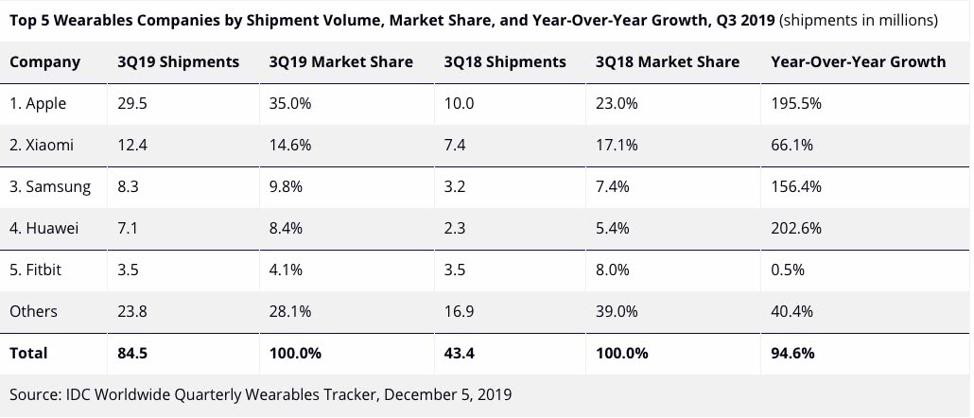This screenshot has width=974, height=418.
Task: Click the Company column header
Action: click(x=44, y=62)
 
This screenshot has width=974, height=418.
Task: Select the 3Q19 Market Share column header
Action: click(x=340, y=62)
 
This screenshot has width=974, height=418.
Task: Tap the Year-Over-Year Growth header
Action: click(x=858, y=62)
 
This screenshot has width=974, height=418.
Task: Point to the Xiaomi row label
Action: click(x=42, y=146)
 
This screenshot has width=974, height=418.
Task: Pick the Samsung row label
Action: click(x=50, y=187)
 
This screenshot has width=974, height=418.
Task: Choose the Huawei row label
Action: click(x=44, y=229)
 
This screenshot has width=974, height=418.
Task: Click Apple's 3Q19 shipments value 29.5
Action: click(x=131, y=104)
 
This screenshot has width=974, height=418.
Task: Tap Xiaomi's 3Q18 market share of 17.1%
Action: click(x=617, y=146)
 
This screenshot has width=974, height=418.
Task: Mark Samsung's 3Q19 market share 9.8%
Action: click(x=286, y=187)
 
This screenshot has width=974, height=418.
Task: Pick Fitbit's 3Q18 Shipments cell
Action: click(x=456, y=270)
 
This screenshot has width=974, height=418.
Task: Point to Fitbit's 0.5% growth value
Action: click(x=788, y=270)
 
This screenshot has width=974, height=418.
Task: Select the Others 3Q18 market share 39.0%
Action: click(x=617, y=312)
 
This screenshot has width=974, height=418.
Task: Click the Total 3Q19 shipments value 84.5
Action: click(x=132, y=354)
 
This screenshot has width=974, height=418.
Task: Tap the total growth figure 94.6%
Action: click(x=792, y=354)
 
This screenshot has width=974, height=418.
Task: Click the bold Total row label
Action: click(x=28, y=354)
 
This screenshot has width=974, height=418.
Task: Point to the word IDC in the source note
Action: click(x=78, y=394)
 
